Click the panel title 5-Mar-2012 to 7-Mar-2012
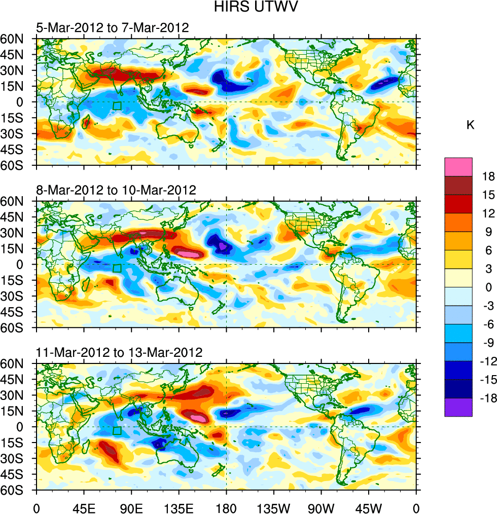[112, 27]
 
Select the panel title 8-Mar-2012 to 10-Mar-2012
[116, 190]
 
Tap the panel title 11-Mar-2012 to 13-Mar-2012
[119, 352]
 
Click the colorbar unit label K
[470, 125]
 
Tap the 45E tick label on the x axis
[84, 507]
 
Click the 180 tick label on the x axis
[226, 507]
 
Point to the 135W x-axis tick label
[274, 507]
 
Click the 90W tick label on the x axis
[321, 507]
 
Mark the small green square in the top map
[117, 106]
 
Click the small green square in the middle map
[117, 269]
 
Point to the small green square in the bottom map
[117, 431]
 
